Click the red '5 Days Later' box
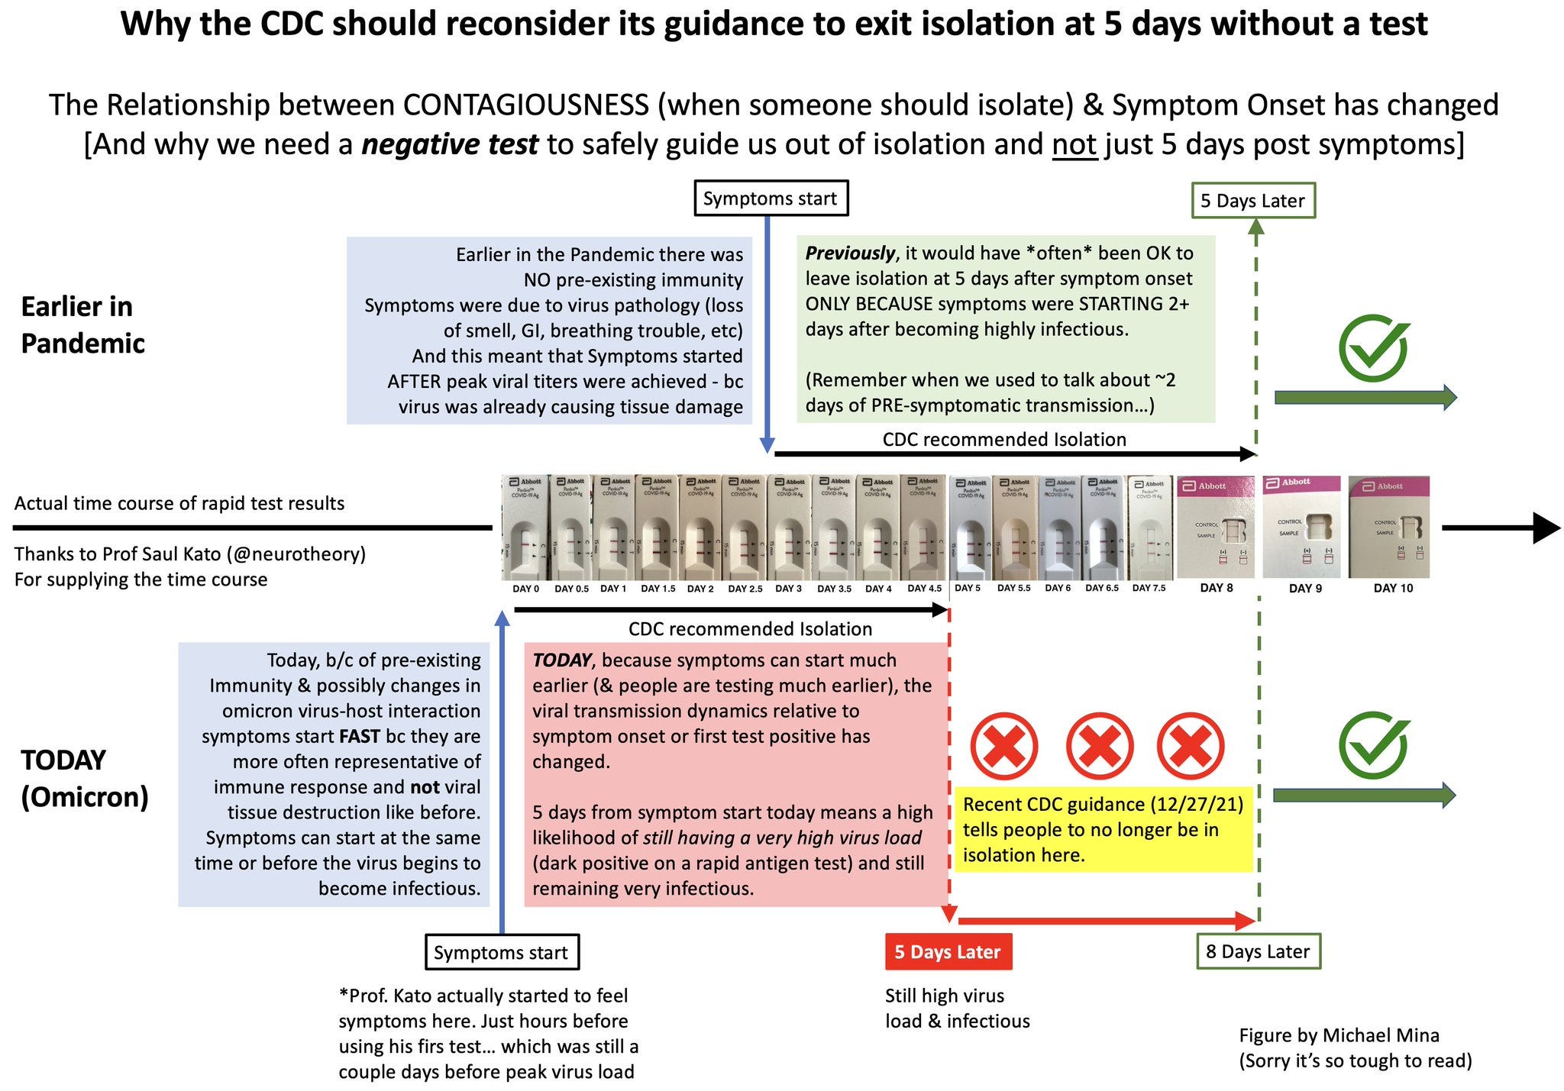pos(948,952)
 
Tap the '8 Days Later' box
pos(1258,952)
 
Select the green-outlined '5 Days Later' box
pos(1252,201)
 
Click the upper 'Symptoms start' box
pos(770,199)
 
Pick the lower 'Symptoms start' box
pos(501,953)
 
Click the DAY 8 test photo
pos(1216,527)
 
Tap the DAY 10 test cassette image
pos(1388,527)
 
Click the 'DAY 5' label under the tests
pos(968,589)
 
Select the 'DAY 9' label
pos(1305,589)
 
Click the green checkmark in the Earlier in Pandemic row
pos(1373,348)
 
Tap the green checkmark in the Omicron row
pos(1373,746)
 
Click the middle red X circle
pos(1099,746)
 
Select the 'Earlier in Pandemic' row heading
pos(82,325)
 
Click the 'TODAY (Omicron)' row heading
pos(84,779)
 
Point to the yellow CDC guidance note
pos(1103,830)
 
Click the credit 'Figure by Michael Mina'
pos(1339,1036)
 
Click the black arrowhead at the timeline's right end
pos(1546,528)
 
